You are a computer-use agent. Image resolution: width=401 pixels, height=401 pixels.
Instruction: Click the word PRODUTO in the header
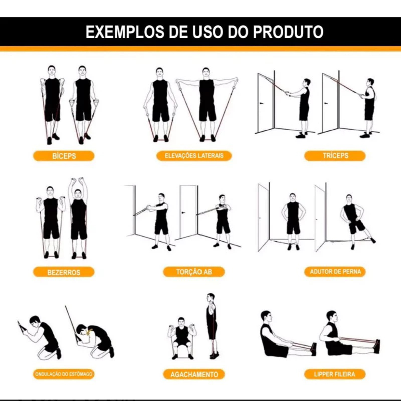(288, 32)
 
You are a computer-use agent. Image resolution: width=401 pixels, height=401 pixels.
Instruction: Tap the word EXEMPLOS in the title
(124, 32)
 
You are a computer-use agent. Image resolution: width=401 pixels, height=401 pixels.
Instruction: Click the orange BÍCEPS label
(64, 156)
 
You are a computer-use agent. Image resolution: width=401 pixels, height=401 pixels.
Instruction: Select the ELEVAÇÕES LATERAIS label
(194, 156)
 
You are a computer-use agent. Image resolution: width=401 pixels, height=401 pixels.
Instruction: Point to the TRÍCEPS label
(335, 156)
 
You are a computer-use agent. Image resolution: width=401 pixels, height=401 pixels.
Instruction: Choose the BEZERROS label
(64, 272)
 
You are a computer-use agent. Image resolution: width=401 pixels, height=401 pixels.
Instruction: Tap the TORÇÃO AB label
(194, 272)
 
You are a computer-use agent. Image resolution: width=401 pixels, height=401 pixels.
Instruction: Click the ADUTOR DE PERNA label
(335, 272)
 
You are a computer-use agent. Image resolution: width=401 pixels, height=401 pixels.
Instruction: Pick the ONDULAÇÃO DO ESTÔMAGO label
(64, 374)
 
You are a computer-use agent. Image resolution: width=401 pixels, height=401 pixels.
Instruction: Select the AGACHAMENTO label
(194, 374)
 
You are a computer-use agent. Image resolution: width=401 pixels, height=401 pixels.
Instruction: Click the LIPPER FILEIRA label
(335, 374)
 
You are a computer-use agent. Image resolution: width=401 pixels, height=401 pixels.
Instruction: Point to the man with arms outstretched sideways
(207, 105)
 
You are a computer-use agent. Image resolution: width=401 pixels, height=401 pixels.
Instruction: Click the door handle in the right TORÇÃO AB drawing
(183, 212)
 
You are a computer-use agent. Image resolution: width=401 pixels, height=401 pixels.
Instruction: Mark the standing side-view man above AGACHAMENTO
(212, 326)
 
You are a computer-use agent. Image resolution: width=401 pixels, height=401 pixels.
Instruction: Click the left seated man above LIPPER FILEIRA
(284, 335)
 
